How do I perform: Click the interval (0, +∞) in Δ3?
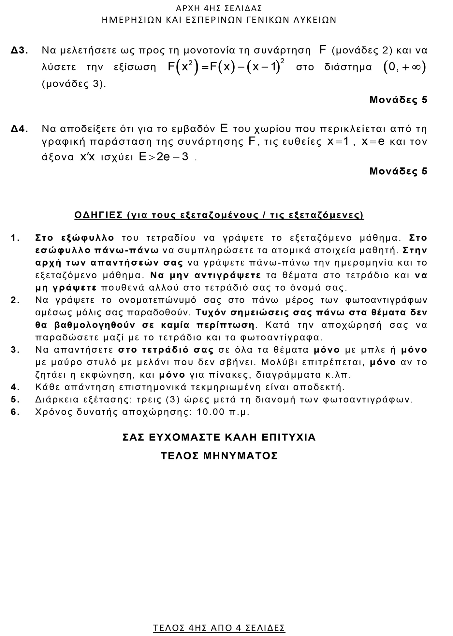point(405,67)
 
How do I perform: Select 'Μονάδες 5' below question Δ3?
point(398,100)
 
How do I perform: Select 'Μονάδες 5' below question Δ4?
point(398,171)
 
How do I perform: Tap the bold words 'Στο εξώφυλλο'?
point(75,238)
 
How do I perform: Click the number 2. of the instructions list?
point(15,300)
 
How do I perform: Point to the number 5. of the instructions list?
point(15,399)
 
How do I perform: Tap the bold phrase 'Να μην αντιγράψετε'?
point(206,276)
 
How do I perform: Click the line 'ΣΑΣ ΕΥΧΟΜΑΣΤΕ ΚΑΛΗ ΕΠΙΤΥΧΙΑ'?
point(219,437)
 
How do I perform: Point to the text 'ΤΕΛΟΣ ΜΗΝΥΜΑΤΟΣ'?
point(219,455)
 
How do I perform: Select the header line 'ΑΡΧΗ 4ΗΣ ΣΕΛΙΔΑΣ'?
point(219,8)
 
